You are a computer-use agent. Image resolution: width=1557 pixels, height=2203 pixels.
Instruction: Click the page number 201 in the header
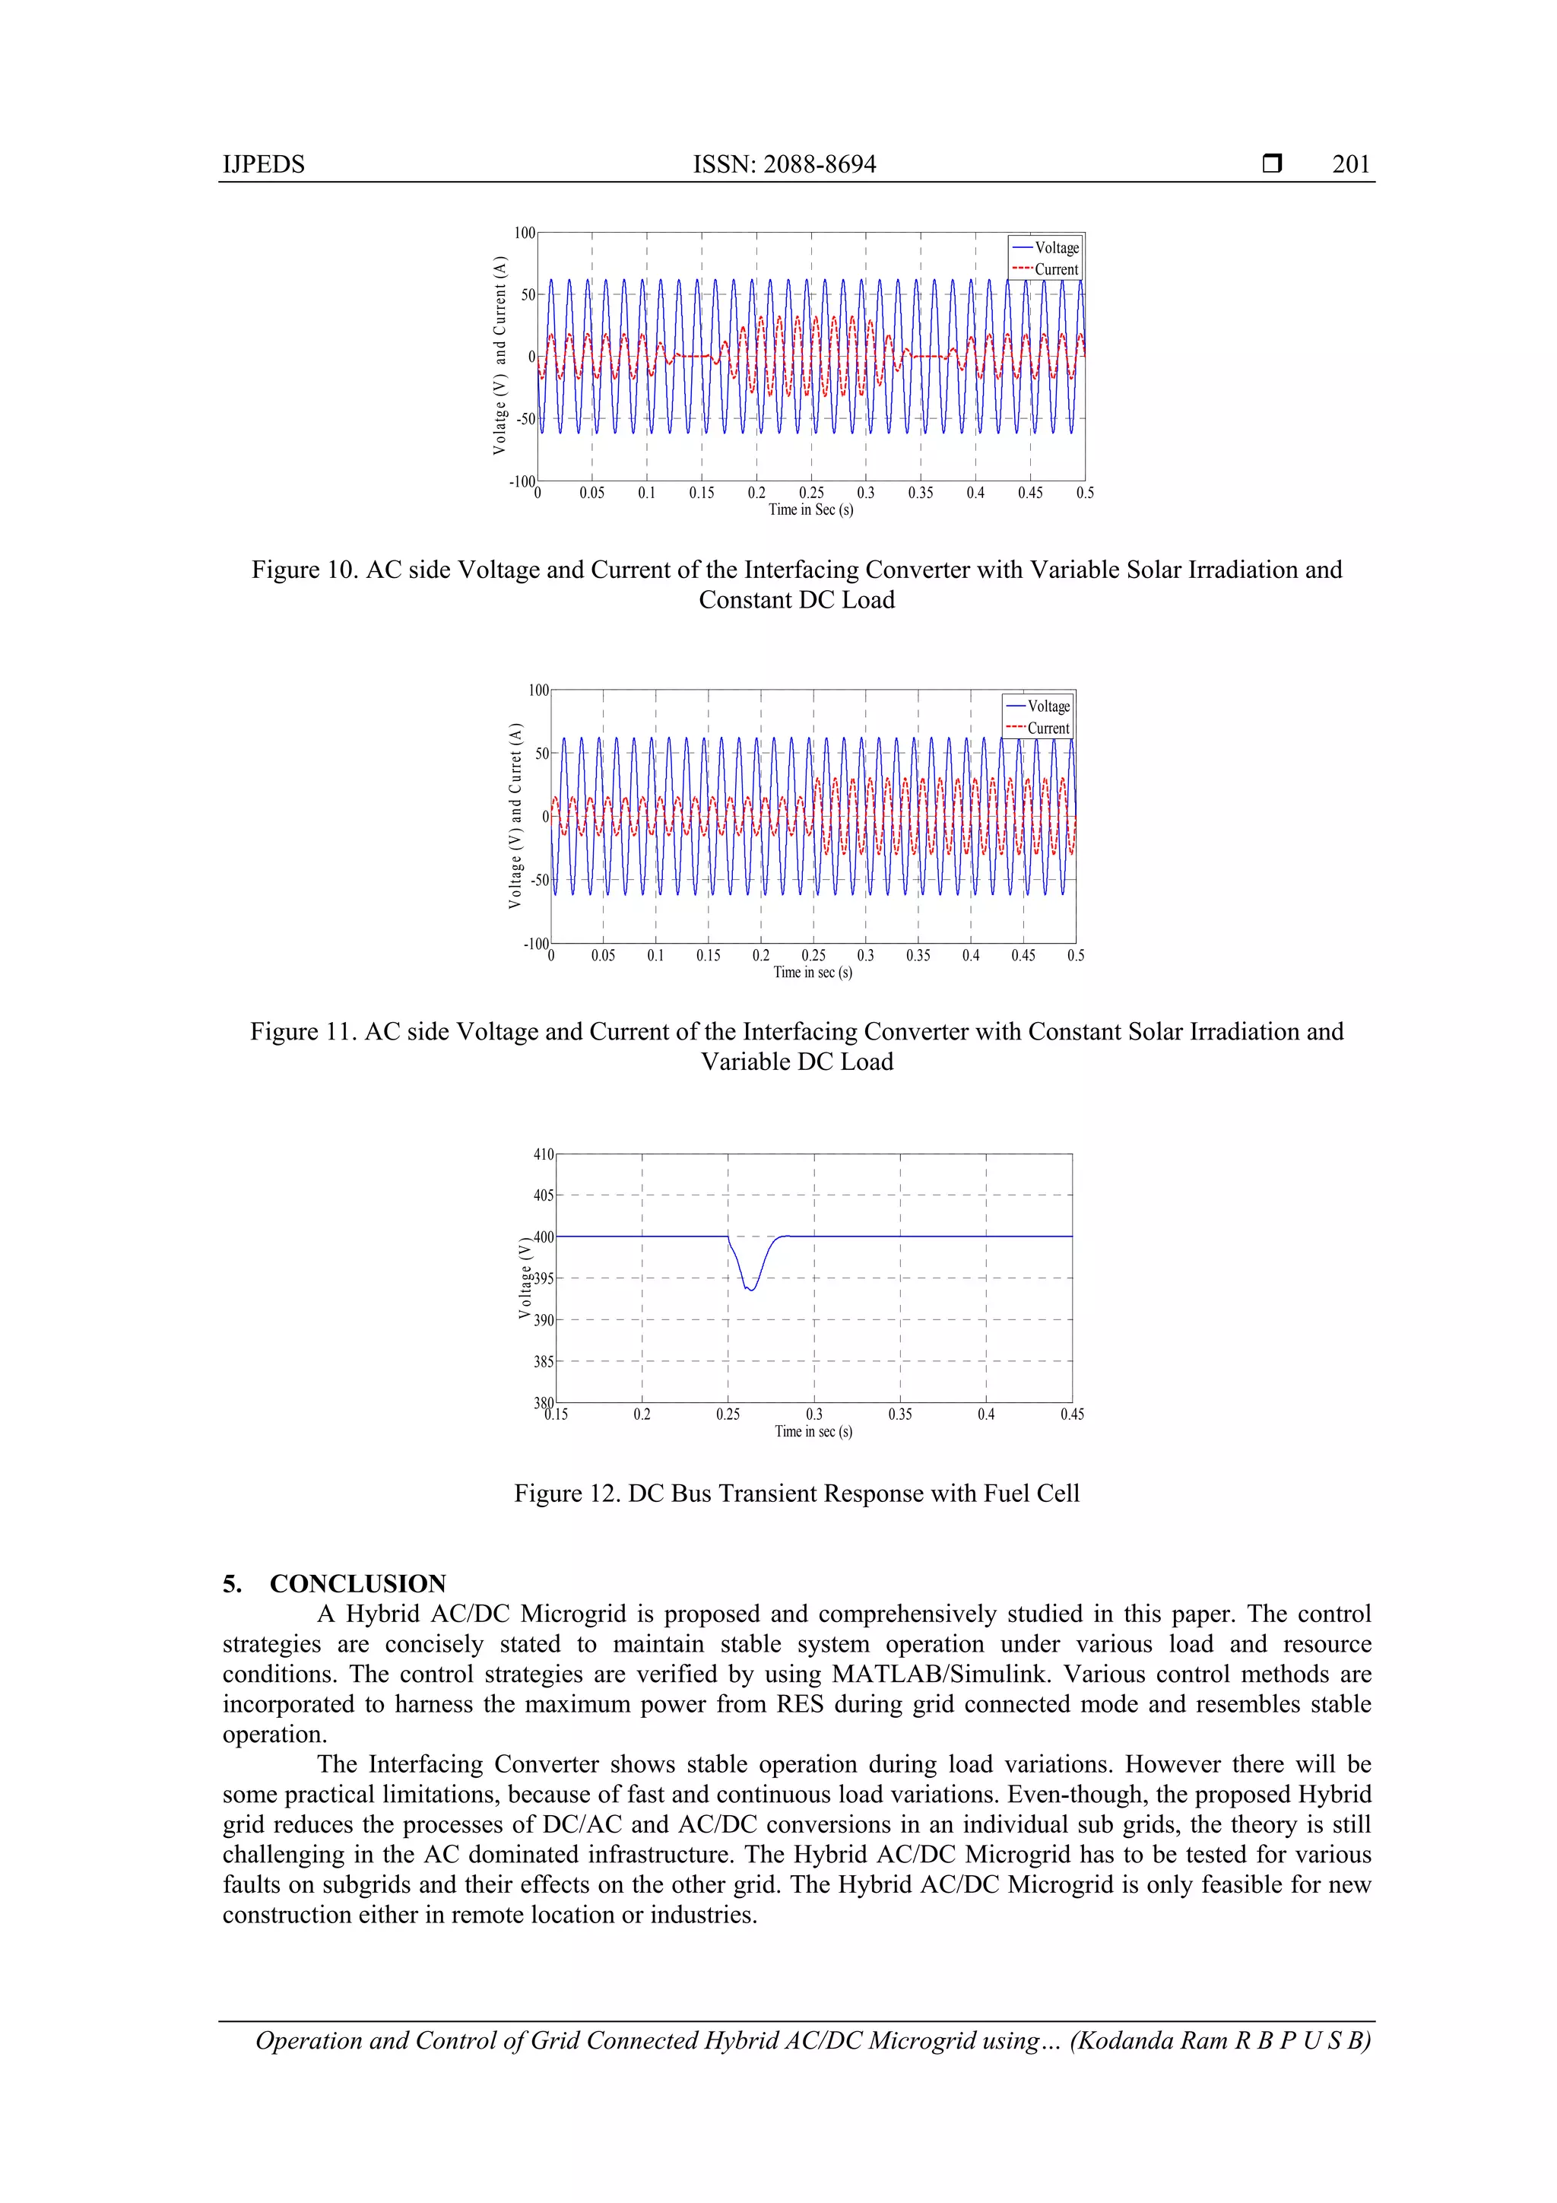click(1351, 164)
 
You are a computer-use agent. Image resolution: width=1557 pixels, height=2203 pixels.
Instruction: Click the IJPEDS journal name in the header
click(264, 164)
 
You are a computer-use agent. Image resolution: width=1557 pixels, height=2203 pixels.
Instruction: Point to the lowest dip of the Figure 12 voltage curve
click(751, 1290)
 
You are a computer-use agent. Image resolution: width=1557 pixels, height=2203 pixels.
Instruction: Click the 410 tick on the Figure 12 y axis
click(543, 1154)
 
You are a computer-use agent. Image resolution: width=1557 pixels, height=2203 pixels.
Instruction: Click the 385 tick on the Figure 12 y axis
click(543, 1361)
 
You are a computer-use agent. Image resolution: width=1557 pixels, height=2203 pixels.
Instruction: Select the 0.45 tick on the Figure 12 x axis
click(1071, 1414)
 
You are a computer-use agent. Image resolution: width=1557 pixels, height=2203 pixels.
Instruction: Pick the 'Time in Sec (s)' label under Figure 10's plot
click(810, 509)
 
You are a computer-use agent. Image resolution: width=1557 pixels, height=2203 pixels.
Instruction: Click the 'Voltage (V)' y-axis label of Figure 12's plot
click(524, 1278)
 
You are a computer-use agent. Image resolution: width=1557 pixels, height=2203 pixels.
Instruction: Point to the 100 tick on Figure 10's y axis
click(524, 233)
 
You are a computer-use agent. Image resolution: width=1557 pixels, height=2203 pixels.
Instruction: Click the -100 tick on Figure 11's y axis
click(535, 944)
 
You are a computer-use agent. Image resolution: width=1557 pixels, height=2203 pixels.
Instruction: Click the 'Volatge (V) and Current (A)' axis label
click(499, 355)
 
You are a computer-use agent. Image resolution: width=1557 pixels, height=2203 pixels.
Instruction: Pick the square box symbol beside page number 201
click(1272, 164)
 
